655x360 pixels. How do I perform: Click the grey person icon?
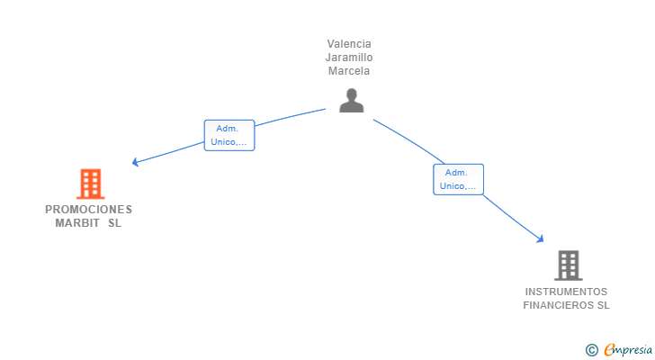click(351, 100)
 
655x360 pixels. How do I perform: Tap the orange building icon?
click(90, 184)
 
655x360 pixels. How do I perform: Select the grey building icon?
click(568, 265)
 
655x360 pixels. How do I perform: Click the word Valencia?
click(349, 44)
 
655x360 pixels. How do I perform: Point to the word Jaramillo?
click(349, 58)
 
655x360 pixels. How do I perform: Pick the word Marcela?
click(349, 71)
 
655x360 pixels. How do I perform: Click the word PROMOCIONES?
click(88, 210)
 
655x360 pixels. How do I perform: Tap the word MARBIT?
click(76, 223)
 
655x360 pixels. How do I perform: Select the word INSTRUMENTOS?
click(566, 292)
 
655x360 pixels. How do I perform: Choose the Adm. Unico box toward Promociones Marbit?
click(229, 135)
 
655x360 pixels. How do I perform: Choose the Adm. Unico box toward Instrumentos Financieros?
click(458, 179)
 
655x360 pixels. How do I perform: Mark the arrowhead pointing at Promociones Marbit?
click(135, 162)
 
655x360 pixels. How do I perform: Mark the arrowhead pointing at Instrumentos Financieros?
click(541, 238)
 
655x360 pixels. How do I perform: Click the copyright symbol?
click(591, 349)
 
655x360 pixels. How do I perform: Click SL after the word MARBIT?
click(114, 223)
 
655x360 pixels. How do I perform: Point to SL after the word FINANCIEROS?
click(602, 305)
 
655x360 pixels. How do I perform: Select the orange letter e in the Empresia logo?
click(609, 349)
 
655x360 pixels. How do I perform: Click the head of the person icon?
click(351, 94)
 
